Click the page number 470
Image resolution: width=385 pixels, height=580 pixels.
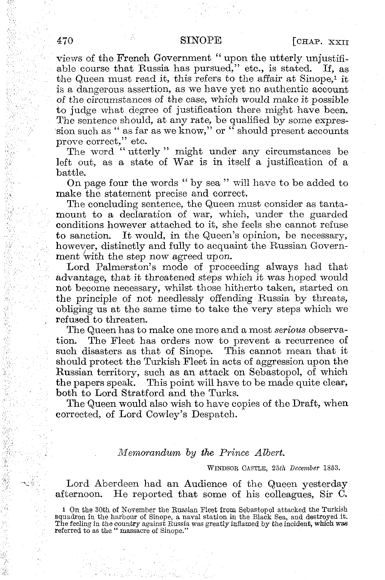pyautogui.click(x=65, y=41)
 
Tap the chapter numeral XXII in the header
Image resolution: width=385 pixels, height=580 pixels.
pyautogui.click(x=338, y=42)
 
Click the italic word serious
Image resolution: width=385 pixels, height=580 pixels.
pyautogui.click(x=290, y=330)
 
